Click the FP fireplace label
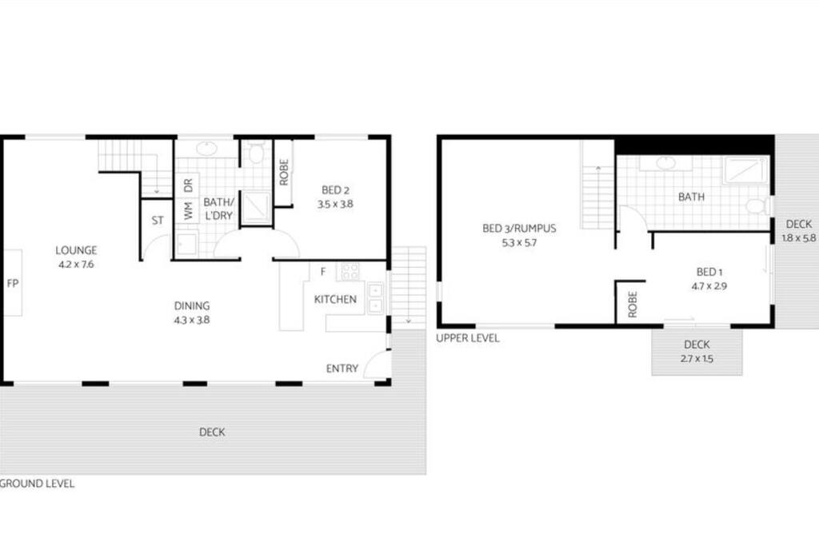13,284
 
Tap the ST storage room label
158,221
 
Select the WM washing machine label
189,211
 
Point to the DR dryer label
188,185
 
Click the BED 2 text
335,190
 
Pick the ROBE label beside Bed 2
284,172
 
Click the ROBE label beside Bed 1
633,305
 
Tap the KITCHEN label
335,299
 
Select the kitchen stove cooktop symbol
350,271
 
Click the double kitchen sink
376,297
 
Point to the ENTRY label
342,369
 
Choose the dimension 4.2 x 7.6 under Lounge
76,264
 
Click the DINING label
192,306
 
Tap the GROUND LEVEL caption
37,484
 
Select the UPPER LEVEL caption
467,337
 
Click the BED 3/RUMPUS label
519,228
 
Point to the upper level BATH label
691,197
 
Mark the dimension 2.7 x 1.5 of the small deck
697,359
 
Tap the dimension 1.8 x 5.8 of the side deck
799,238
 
